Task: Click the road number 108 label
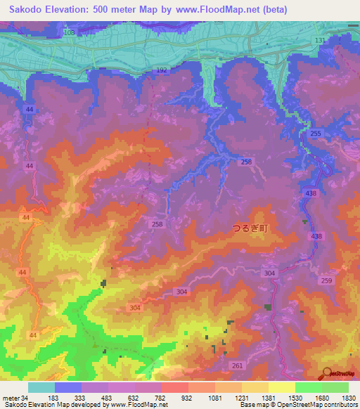(68, 33)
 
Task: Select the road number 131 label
(321, 41)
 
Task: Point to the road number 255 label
(316, 134)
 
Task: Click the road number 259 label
(326, 281)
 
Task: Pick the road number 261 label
(237, 365)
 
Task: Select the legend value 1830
(349, 398)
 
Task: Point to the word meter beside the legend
(11, 398)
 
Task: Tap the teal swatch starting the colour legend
(41, 387)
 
